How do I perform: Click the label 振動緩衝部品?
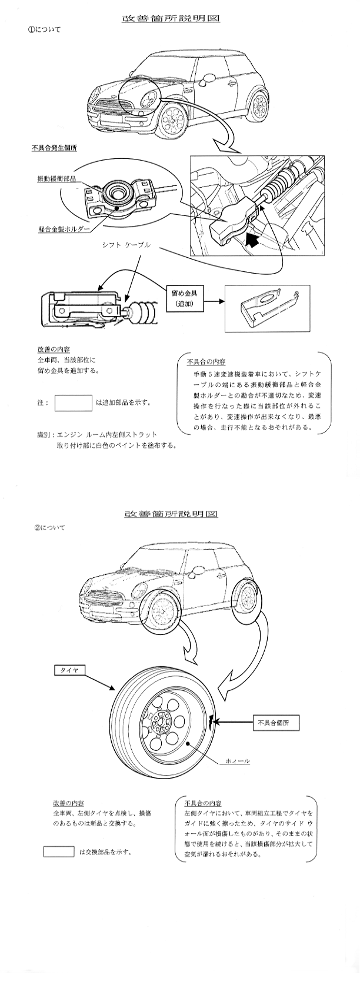pyautogui.click(x=56, y=179)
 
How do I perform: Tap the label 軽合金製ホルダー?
pyautogui.click(x=64, y=229)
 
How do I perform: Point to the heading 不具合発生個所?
pyautogui.click(x=54, y=148)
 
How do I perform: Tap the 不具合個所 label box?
pyautogui.click(x=275, y=723)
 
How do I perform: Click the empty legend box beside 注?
pyautogui.click(x=74, y=403)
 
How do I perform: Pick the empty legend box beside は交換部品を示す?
pyautogui.click(x=59, y=851)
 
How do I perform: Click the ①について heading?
pyautogui.click(x=44, y=29)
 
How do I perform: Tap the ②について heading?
pyautogui.click(x=49, y=527)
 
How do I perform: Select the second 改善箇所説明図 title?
pyautogui.click(x=171, y=514)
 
